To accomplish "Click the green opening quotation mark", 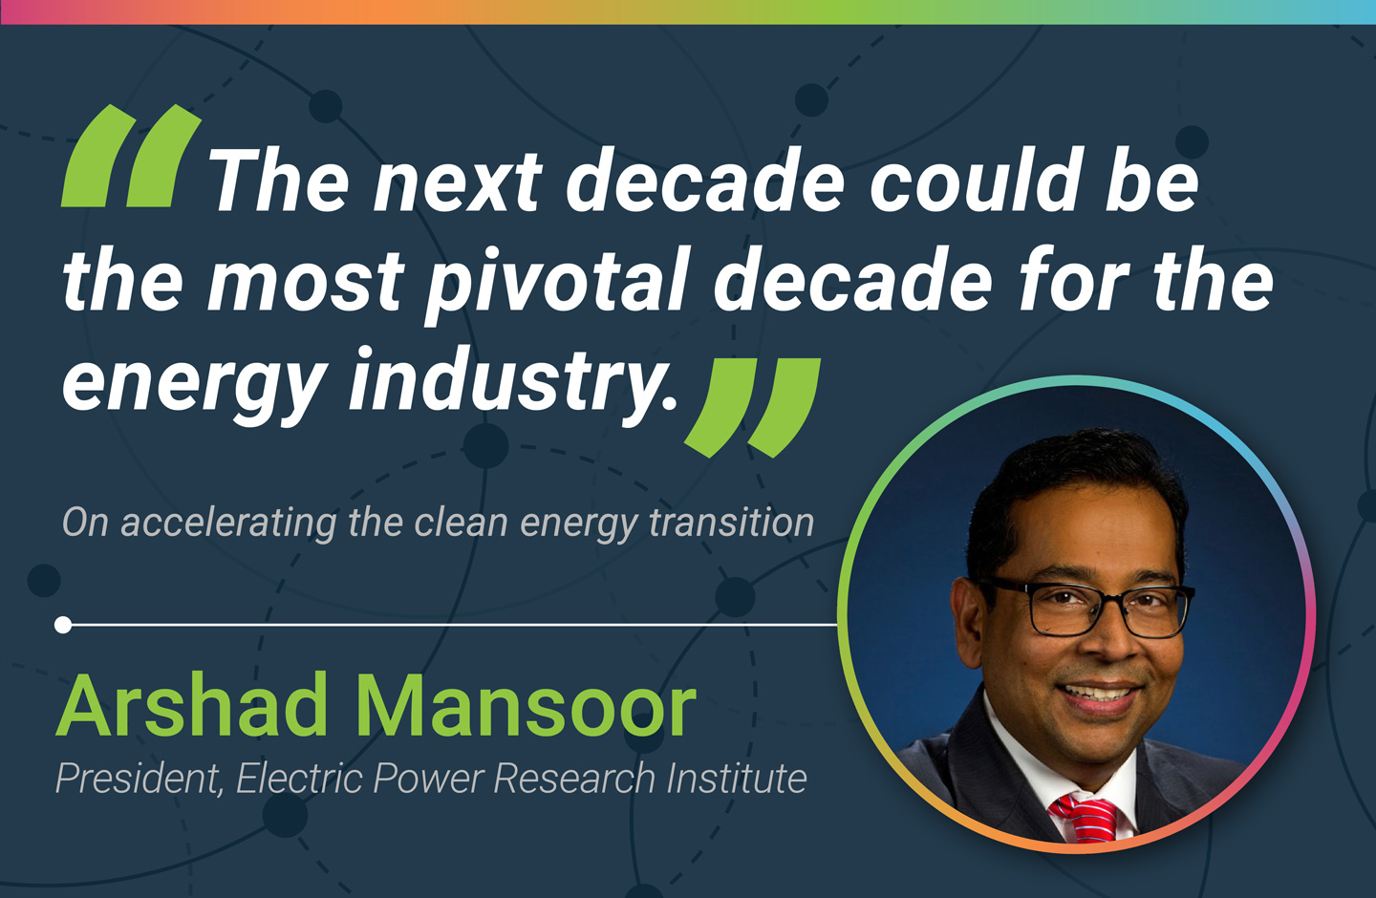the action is point(131,156).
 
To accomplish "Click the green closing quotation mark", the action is point(753,408).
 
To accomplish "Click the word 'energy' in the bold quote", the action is point(194,384).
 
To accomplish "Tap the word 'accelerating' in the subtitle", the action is point(228,524).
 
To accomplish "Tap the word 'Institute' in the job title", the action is point(737,778).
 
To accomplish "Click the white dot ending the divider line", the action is point(63,625).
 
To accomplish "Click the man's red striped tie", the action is point(1085,818).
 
